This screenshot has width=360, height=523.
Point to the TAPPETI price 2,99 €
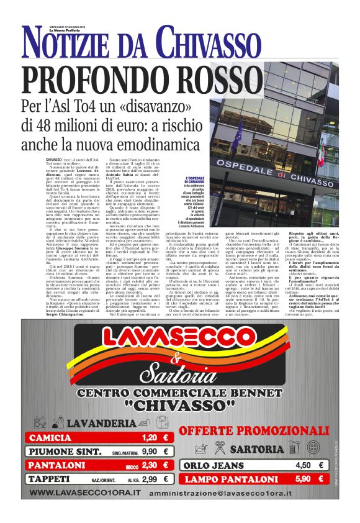coord(150,479)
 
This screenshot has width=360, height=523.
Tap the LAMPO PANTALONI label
coord(223,479)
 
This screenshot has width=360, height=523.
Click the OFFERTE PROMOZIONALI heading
coord(253,431)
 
